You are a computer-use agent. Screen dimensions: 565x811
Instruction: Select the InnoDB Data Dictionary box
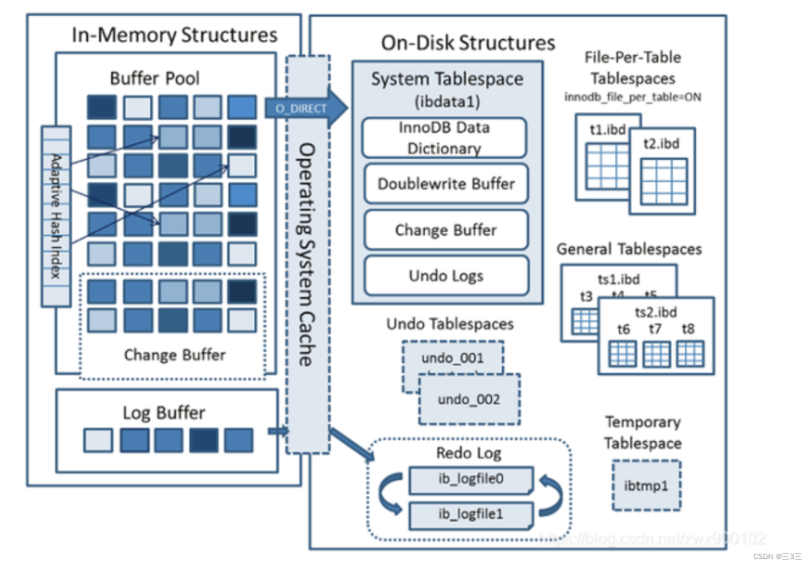[x=444, y=137]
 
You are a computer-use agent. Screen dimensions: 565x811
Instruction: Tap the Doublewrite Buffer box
[x=446, y=184]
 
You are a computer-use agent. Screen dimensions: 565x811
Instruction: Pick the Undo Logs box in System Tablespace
[x=446, y=276]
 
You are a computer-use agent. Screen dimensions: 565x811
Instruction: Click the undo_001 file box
[x=452, y=358]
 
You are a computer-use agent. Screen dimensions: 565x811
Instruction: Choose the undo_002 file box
[x=469, y=400]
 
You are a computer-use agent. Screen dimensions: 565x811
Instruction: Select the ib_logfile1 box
[x=471, y=515]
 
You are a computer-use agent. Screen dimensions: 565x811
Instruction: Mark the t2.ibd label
[x=662, y=143]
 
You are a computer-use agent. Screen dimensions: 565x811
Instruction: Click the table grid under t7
[x=657, y=354]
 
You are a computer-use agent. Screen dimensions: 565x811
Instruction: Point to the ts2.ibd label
[x=656, y=311]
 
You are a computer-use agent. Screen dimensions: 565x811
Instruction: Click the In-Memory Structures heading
[x=174, y=35]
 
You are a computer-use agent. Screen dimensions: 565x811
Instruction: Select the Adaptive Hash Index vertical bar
[x=56, y=216]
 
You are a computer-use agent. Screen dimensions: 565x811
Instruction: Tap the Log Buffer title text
[x=164, y=412]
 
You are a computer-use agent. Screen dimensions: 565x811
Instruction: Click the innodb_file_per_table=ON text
[x=632, y=98]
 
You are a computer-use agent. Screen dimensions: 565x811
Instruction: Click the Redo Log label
[x=469, y=453]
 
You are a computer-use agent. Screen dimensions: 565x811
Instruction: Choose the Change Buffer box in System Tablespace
[x=446, y=230]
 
